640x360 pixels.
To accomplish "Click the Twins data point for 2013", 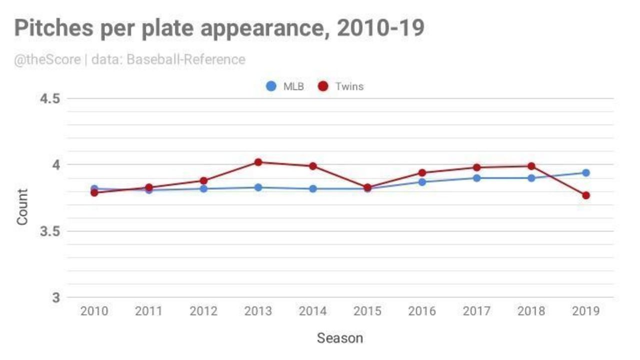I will pos(258,162).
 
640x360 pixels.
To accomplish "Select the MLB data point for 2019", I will pos(585,173).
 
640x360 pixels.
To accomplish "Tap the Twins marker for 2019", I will pos(585,195).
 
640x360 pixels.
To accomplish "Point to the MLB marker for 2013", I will pos(258,187).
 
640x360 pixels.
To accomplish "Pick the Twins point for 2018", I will pos(531,166).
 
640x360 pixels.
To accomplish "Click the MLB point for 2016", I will pos(422,182).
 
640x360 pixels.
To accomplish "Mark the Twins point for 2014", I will pos(312,166).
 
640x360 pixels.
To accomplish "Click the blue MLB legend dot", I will pos(271,86).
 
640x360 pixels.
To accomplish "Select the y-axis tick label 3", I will pos(56,298).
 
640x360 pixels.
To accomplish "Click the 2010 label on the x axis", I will pos(94,311).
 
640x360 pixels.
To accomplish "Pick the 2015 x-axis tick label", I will pos(367,311).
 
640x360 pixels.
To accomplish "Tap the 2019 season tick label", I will pos(585,311).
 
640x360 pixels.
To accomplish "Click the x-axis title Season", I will pos(339,338).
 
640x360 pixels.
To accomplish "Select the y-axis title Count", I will pos(22,206).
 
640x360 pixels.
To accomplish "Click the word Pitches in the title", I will pos(53,29).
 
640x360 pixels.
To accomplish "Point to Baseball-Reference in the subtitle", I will pos(185,60).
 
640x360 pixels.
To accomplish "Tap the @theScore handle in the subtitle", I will pos(47,60).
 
